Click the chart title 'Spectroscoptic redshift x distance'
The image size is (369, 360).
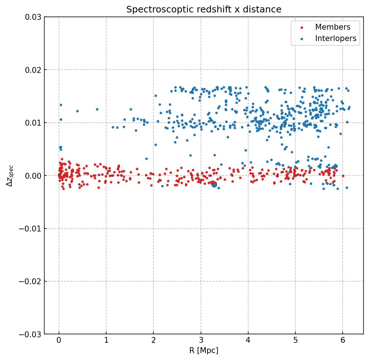click(x=204, y=10)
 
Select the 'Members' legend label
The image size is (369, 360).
click(x=332, y=27)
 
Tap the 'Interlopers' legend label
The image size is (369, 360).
click(x=335, y=38)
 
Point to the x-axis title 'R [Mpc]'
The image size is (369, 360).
click(x=204, y=350)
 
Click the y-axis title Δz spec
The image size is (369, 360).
click(x=10, y=175)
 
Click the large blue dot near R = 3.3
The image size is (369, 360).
click(x=214, y=185)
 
